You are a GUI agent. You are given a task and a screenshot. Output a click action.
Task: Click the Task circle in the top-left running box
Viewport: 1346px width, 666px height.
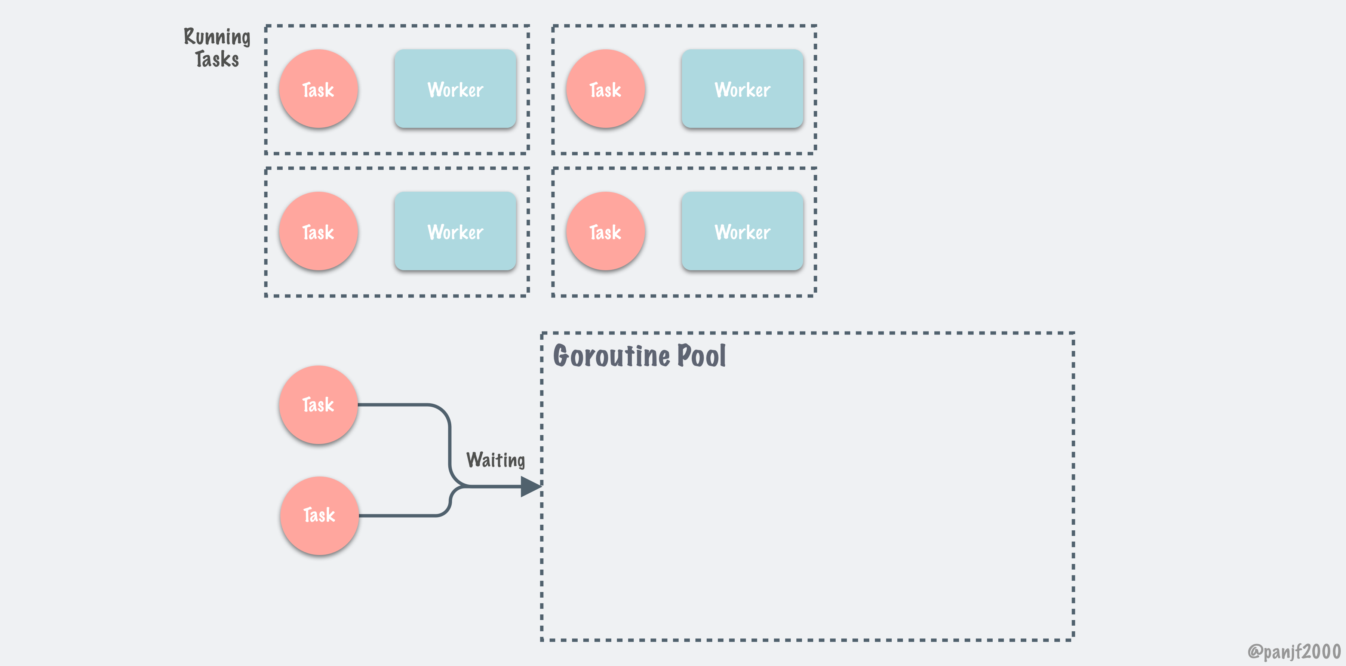tap(318, 89)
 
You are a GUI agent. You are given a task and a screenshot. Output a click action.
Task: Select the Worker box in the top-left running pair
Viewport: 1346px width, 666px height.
tap(455, 89)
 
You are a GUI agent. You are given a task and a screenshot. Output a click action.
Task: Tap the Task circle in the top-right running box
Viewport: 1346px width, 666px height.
tap(605, 89)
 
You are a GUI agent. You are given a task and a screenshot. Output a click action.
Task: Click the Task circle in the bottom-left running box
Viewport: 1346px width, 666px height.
tap(318, 231)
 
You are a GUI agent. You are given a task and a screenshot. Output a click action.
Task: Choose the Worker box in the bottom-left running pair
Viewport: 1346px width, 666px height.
tap(455, 231)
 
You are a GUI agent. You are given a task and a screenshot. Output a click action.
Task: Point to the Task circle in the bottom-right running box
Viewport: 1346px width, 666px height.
tap(605, 231)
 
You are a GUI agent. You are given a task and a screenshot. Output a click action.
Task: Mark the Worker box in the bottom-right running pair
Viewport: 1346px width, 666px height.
tap(742, 231)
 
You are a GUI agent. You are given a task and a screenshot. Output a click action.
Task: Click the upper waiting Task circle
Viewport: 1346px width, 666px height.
tap(318, 405)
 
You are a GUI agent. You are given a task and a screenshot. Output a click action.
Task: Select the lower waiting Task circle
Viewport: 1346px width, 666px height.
tap(319, 515)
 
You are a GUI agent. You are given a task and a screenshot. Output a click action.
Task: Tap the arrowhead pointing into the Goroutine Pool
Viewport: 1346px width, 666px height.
tap(530, 486)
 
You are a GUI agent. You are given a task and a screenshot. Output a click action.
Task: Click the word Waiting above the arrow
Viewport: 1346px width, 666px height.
tap(495, 460)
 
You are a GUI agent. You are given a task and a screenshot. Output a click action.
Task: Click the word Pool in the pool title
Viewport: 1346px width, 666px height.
tap(701, 356)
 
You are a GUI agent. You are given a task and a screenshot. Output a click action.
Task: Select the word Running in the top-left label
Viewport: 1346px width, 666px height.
tap(217, 37)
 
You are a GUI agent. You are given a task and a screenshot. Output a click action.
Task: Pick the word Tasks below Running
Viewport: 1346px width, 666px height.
tap(217, 59)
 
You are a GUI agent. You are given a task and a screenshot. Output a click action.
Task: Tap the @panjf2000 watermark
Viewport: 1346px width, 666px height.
tap(1293, 651)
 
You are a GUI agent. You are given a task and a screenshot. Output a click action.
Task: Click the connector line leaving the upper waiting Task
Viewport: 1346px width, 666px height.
tap(397, 405)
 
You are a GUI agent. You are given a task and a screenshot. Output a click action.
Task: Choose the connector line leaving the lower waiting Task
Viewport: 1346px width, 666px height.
tap(397, 515)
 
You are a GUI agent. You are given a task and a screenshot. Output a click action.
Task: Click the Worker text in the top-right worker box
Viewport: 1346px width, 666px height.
tap(742, 90)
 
